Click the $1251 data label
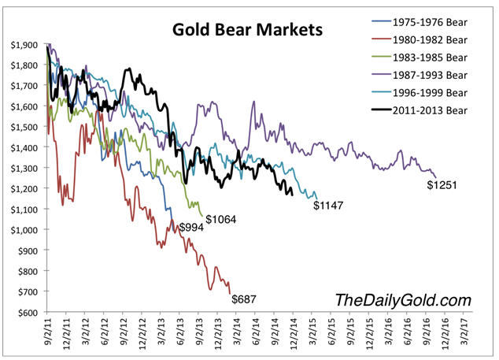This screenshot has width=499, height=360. click(x=442, y=186)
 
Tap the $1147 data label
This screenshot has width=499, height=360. click(x=329, y=206)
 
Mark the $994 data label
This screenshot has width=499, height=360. click(x=192, y=227)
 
